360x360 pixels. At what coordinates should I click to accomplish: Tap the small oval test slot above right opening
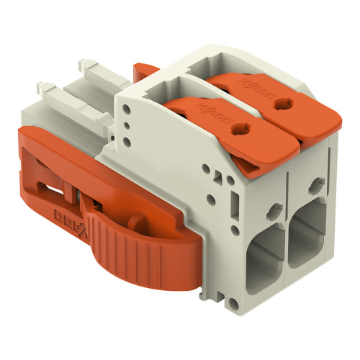coord(315,186)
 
